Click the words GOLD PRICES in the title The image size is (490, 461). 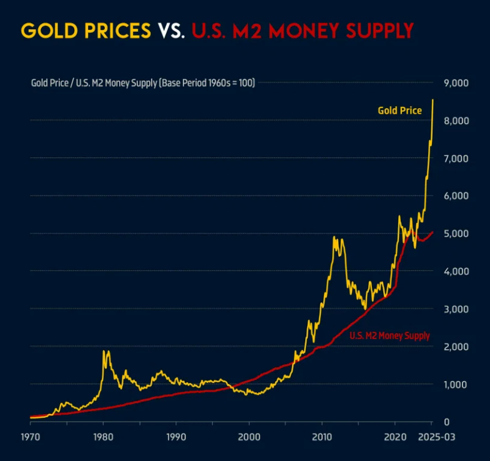(86, 30)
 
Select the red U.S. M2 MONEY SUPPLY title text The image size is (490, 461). (302, 30)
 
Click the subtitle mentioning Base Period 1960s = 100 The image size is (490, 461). (143, 82)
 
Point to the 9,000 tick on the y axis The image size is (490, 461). (456, 83)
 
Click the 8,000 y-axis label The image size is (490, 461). (456, 121)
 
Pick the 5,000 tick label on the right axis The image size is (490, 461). (456, 234)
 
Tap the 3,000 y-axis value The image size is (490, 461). (456, 309)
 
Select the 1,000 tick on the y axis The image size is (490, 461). (456, 384)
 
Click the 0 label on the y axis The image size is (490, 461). (447, 422)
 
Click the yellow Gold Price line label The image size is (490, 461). (399, 111)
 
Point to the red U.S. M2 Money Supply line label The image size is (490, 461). (390, 336)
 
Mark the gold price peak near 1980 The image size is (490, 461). (104, 351)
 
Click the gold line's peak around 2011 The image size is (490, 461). (334, 237)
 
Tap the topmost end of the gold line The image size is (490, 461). (433, 100)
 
